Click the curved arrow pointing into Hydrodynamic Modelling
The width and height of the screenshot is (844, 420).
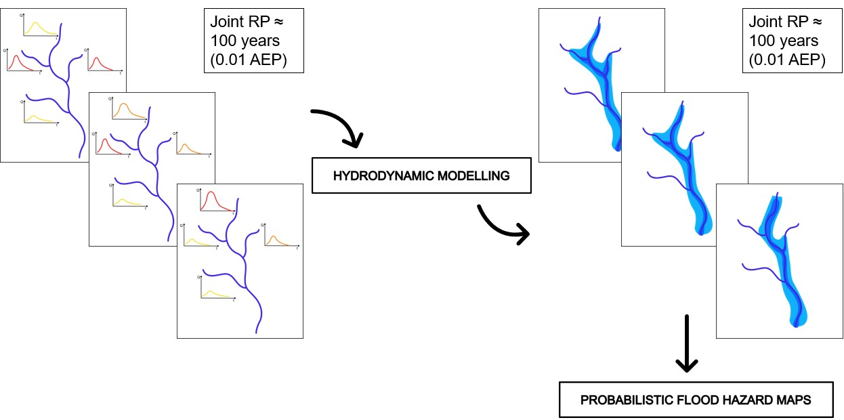339,125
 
